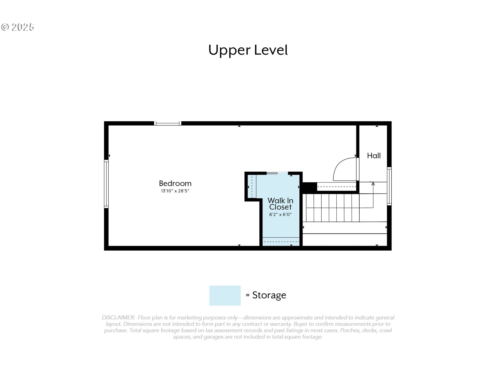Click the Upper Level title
click(248, 50)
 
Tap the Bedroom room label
click(175, 183)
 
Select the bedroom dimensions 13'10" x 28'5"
click(175, 191)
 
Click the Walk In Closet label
click(281, 204)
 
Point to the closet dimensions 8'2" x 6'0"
click(281, 214)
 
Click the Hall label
click(374, 156)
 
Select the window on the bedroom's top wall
click(168, 123)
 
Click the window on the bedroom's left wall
click(106, 184)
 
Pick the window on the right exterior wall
click(389, 186)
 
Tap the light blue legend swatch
click(225, 296)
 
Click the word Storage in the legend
click(269, 295)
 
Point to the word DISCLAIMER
click(118, 317)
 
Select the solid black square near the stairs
click(309, 188)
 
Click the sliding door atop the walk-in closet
click(272, 173)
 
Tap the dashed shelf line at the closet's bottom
click(281, 242)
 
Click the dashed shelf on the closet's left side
click(252, 187)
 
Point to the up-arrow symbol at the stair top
click(373, 184)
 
